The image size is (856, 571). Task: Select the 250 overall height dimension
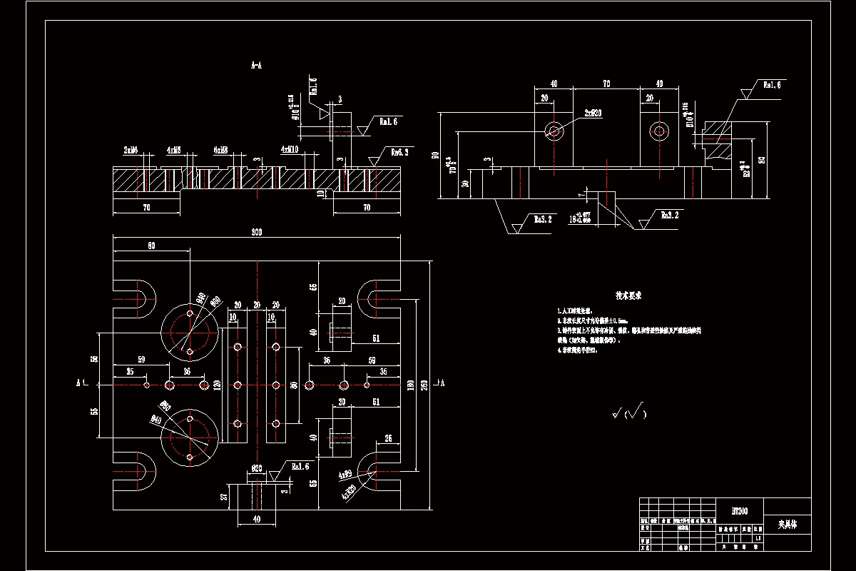coord(426,385)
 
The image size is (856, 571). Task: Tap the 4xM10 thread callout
coord(290,150)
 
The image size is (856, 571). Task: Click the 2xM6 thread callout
coord(131,150)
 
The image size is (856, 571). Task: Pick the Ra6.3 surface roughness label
coord(399,151)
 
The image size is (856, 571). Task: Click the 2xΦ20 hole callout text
coord(593,113)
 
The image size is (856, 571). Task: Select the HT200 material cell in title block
coord(740,511)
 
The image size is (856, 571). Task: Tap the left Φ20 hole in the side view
coord(554,130)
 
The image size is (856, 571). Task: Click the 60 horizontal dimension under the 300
coord(151,246)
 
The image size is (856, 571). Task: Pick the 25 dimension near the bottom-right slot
coord(388,438)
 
